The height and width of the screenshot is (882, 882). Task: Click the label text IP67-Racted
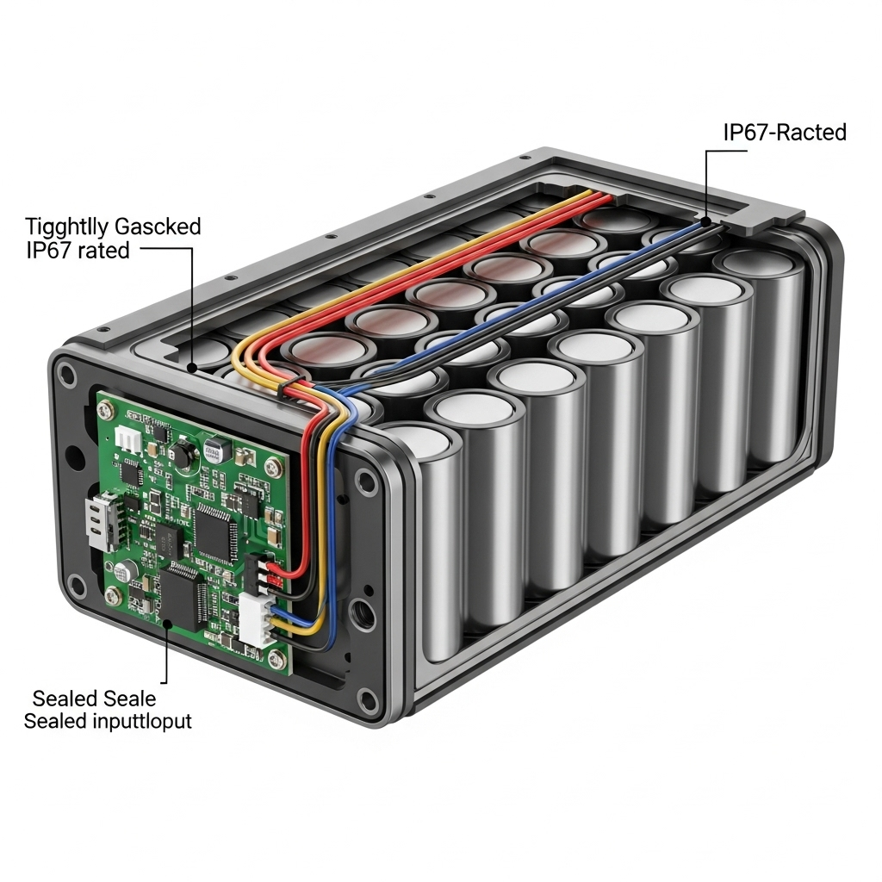pos(785,133)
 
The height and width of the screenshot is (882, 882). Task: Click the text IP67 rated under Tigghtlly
pos(78,251)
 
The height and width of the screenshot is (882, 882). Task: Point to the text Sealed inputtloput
pos(108,720)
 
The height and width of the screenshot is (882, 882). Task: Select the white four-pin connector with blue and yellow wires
pos(256,619)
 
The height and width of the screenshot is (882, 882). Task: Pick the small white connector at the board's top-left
pos(128,440)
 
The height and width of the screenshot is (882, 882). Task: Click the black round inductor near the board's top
pos(184,455)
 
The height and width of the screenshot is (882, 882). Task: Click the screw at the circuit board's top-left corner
pos(111,408)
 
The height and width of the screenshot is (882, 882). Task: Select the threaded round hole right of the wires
pos(356,618)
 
